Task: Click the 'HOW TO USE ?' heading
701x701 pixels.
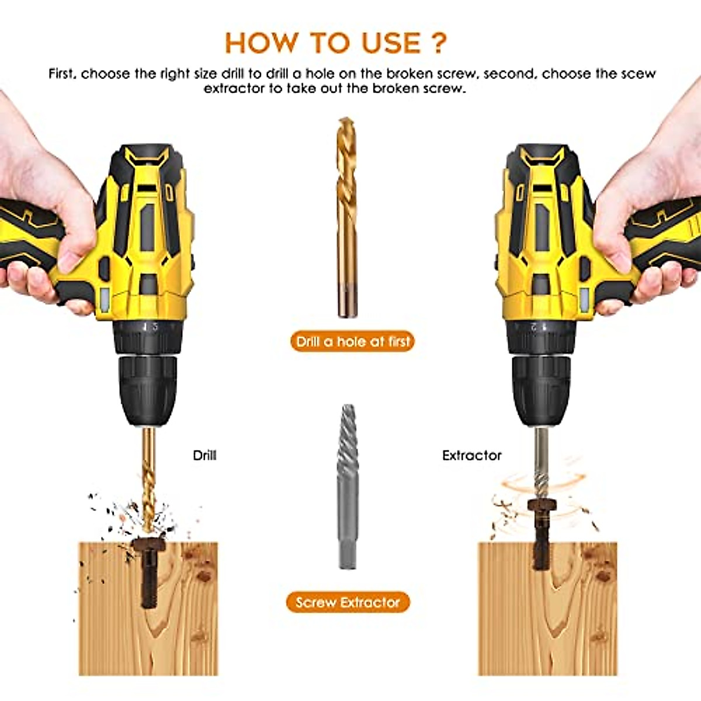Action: click(x=335, y=43)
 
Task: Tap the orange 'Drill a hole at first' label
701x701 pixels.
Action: click(x=352, y=342)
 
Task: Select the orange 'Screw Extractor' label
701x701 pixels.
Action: click(x=348, y=602)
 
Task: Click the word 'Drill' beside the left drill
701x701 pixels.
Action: click(x=204, y=455)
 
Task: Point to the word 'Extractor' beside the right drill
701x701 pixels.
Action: click(x=471, y=455)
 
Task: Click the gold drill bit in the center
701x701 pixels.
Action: click(x=346, y=216)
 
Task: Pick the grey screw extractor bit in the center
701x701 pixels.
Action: click(x=348, y=485)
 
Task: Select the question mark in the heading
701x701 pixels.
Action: click(x=439, y=43)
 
